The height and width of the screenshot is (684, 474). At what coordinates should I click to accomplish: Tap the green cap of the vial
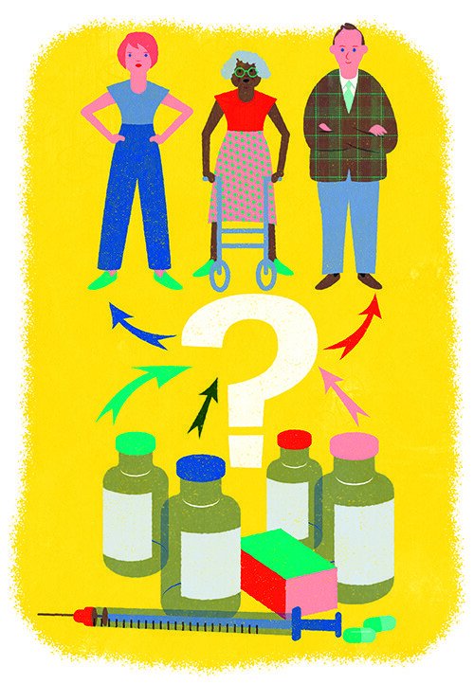click(x=135, y=443)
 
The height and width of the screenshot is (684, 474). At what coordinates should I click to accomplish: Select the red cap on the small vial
click(x=293, y=439)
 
